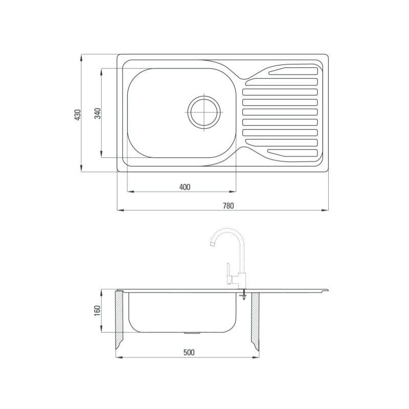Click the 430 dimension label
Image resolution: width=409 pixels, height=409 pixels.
click(x=78, y=115)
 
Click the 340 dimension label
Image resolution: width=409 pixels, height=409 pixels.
click(x=98, y=113)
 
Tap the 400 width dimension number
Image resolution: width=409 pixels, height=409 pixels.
click(x=185, y=187)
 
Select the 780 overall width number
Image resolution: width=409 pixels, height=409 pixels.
click(x=228, y=206)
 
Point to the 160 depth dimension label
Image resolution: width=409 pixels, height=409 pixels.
click(x=97, y=311)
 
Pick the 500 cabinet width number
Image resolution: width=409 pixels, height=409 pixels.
click(x=189, y=352)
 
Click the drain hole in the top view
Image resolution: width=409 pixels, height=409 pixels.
click(x=204, y=112)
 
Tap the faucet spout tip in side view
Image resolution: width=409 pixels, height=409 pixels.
click(x=213, y=244)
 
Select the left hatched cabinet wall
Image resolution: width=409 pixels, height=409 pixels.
click(x=119, y=320)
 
